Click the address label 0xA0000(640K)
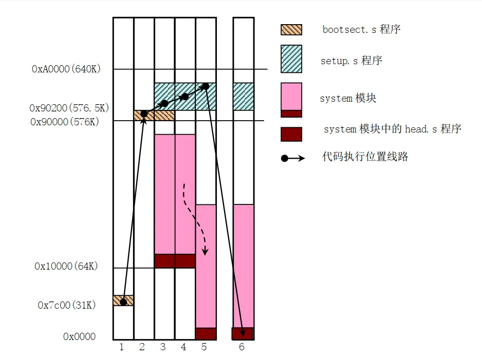pos(66,69)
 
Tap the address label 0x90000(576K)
pos(64,122)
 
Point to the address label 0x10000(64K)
pos(66,267)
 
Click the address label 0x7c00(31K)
pos(67,305)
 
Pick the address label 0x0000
pos(79,337)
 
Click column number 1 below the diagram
pos(122,347)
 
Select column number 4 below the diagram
pos(183,347)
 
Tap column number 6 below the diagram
pos(242,347)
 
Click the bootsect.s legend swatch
pos(291,30)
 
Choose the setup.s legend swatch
pos(291,59)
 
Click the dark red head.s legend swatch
pos(291,134)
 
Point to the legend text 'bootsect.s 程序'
pos(361,29)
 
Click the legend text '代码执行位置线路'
pos(365,157)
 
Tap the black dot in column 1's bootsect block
pos(123,301)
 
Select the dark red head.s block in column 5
pos(206,334)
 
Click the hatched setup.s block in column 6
pos(244,97)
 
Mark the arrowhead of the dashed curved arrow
pos(206,252)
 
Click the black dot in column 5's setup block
pos(205,86)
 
